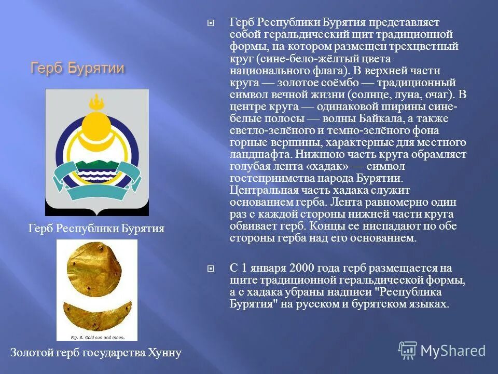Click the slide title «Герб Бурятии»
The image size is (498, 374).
point(78,68)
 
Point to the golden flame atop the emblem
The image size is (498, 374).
point(96,101)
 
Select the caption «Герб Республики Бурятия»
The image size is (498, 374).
point(96,228)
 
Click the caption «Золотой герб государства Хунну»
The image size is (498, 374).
point(96,353)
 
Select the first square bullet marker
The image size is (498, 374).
point(211,22)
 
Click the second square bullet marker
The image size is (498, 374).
point(211,268)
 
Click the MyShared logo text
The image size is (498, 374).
point(453,351)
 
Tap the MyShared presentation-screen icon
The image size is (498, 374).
point(408,351)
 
